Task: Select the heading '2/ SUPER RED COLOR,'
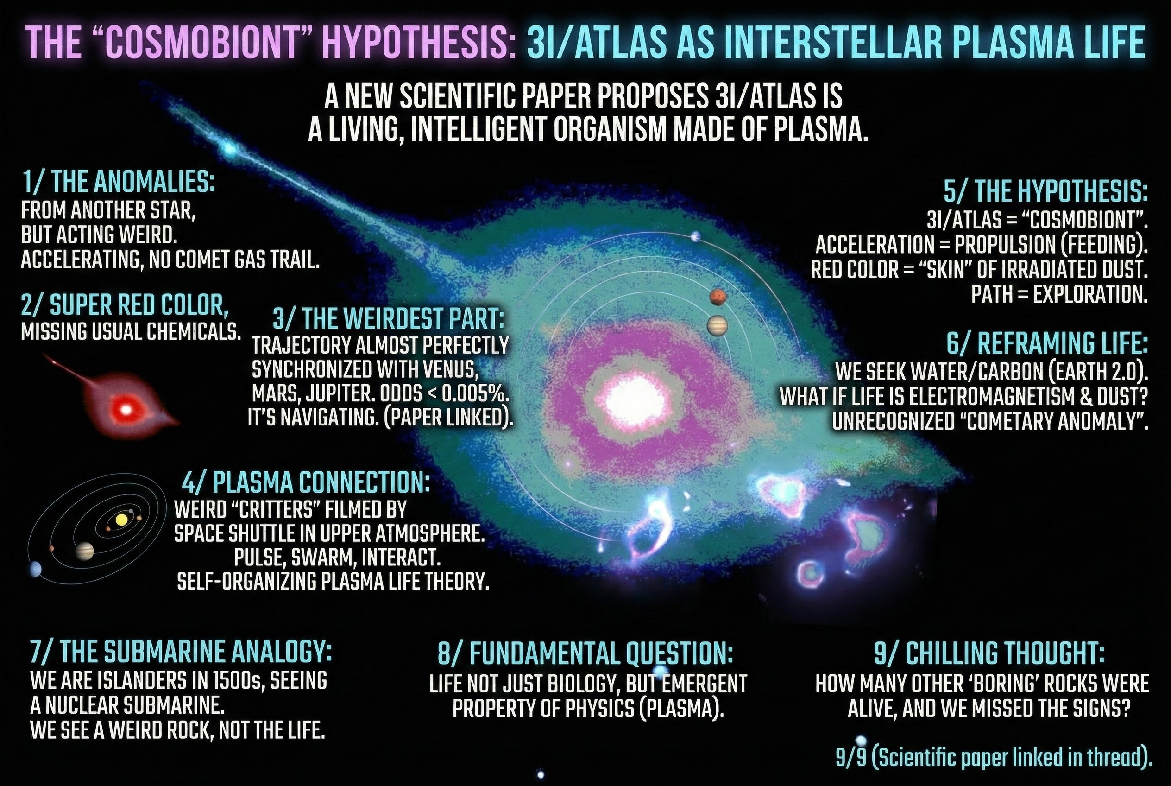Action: pos(125,304)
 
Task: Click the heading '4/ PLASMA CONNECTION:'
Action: pos(306,482)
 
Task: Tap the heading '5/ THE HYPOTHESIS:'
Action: pos(1046,191)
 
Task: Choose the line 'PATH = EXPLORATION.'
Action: pos(1059,294)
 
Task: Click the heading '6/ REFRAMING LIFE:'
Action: pos(1047,344)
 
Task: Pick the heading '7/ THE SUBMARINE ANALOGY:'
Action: pos(181,653)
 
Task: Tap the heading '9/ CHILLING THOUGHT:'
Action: pos(989,653)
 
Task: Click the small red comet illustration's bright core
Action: pos(127,410)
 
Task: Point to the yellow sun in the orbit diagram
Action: pos(121,520)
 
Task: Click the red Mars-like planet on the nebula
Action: pos(718,297)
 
